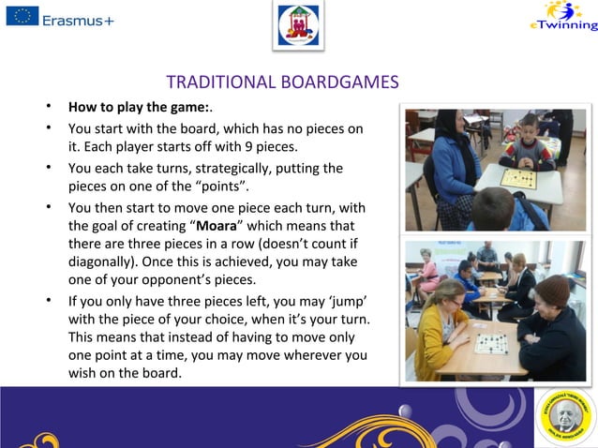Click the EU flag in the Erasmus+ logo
pyautogui.click(x=22, y=16)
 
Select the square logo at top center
pyautogui.click(x=298, y=25)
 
